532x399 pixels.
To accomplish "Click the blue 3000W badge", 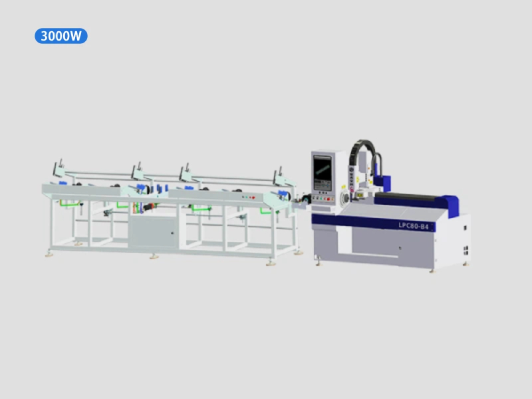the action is (61, 36).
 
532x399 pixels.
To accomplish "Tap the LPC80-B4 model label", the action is (413, 225).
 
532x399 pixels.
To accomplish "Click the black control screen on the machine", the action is (322, 173).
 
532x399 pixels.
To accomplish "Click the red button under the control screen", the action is (328, 199).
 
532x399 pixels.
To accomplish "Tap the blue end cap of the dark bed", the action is (452, 205).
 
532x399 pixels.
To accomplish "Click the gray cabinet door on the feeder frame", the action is (153, 232).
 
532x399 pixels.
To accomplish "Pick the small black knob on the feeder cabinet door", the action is (172, 233).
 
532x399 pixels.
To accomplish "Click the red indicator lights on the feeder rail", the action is (253, 197).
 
